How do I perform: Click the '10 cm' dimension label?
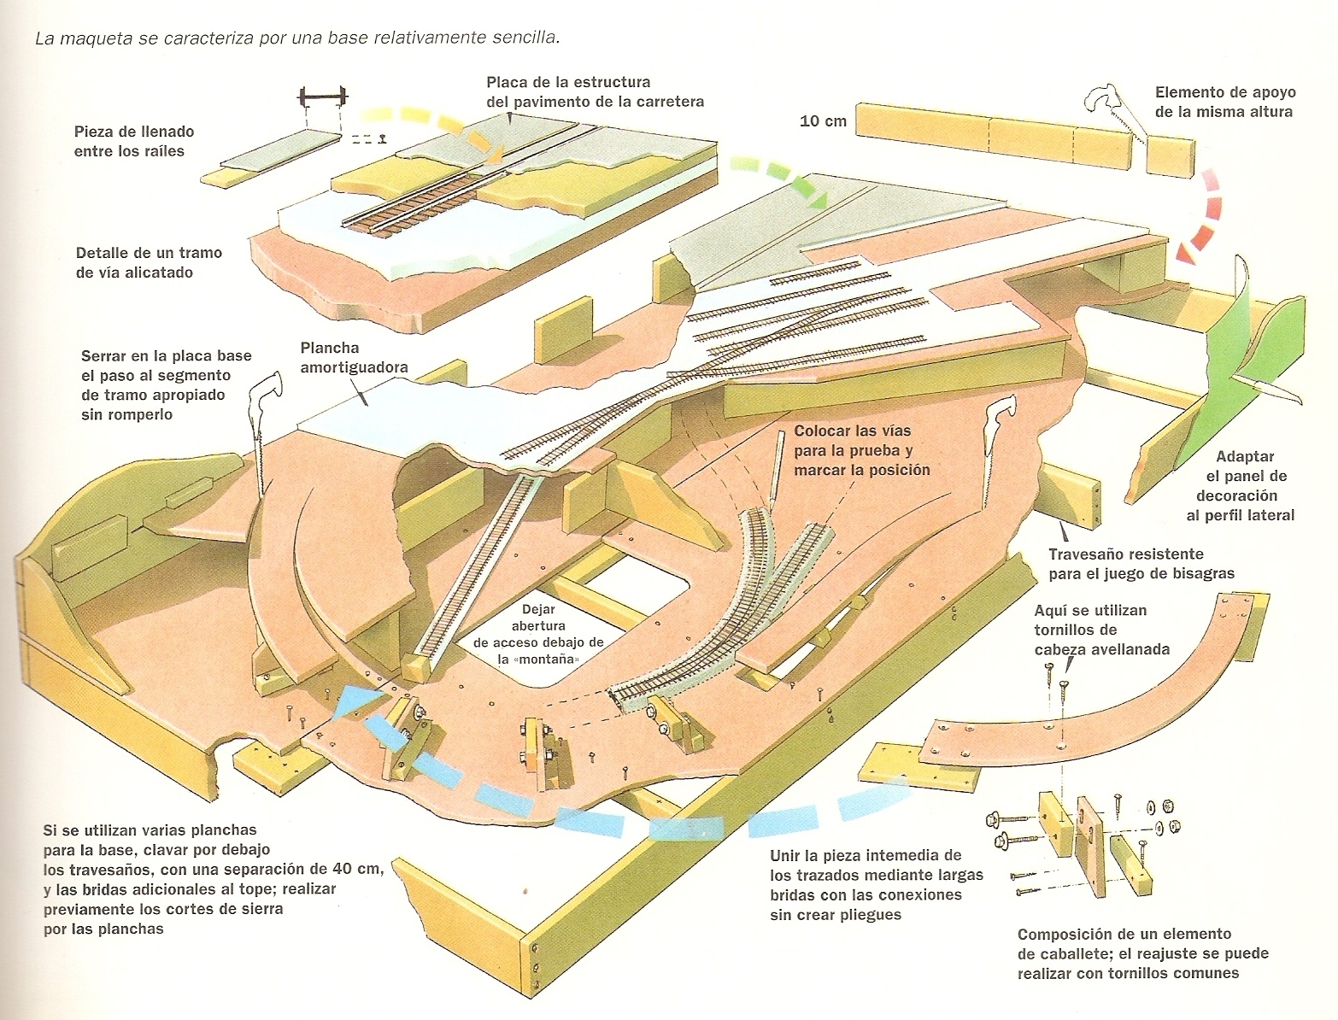coord(823,121)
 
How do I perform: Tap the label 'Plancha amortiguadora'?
coord(354,358)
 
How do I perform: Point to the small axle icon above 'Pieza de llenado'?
coord(322,97)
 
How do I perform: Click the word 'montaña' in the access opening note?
coord(546,659)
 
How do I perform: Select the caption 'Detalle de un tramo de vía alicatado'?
coord(149,262)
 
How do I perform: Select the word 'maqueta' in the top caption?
coord(86,38)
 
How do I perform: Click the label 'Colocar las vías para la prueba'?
coord(853,441)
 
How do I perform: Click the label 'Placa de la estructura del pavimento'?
coord(595,91)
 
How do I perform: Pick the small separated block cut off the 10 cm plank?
coord(1170,156)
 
